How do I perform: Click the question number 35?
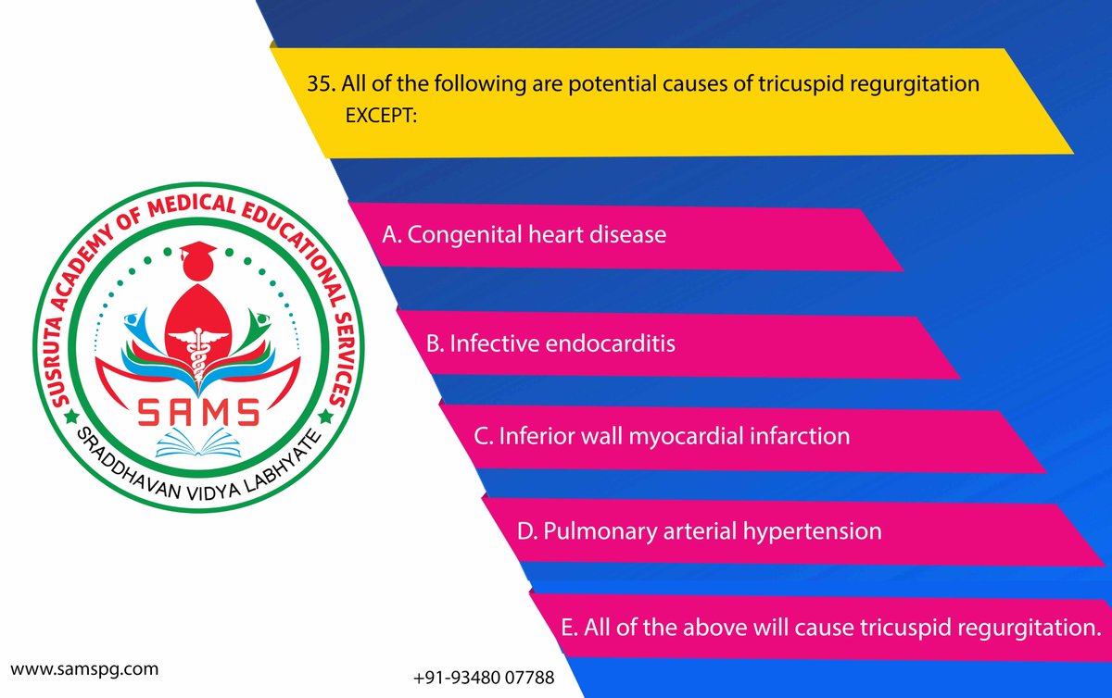[322, 83]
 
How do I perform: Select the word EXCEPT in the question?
[381, 116]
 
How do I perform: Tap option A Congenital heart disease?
[524, 234]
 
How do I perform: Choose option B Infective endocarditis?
[550, 343]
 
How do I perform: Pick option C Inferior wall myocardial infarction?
[662, 436]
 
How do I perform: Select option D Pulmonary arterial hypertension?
[700, 531]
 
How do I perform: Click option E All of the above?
[831, 628]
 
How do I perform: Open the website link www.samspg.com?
[84, 669]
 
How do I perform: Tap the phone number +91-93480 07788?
[484, 677]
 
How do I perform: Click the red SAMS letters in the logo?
[198, 412]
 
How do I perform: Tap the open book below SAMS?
[198, 443]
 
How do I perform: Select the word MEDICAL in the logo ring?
[192, 206]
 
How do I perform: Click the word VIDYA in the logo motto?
[213, 492]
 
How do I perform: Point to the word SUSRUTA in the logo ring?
[57, 362]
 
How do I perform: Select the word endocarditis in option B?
[610, 343]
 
